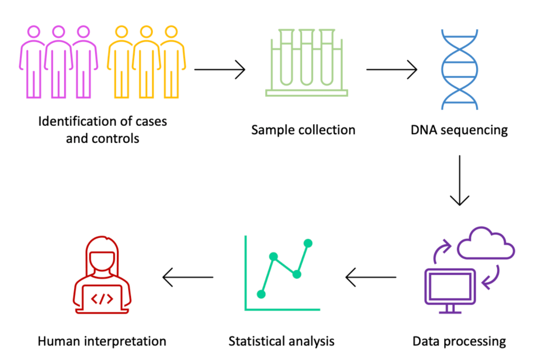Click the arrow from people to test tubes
pos(219,69)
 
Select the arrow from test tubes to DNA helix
pos(391,69)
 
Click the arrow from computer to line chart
pos(371,277)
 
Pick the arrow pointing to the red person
pos(188,277)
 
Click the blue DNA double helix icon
pos(459,69)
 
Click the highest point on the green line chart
pos(308,243)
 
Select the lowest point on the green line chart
pos(262,294)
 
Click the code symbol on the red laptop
pos(102,299)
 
